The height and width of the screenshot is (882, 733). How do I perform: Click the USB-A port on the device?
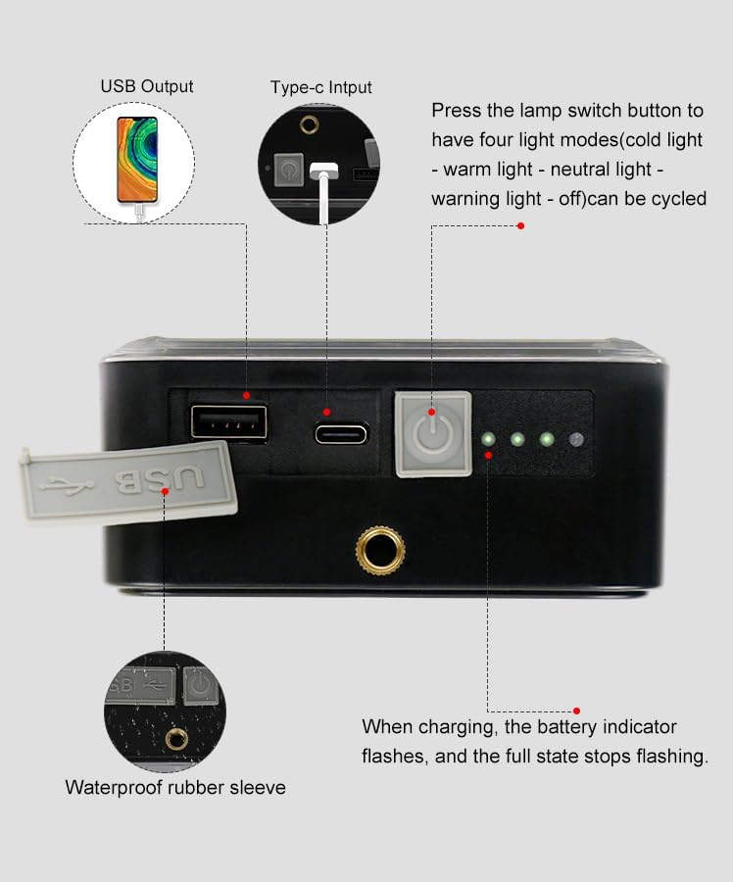click(229, 421)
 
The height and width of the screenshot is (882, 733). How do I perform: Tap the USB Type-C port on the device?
click(341, 434)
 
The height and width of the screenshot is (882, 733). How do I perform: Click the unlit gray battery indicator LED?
click(575, 439)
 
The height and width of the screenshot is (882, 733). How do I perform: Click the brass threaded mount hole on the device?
click(380, 551)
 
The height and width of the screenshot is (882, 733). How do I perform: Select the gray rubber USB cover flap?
click(128, 482)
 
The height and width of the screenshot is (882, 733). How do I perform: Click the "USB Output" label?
click(147, 86)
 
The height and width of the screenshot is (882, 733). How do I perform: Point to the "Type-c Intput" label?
click(320, 87)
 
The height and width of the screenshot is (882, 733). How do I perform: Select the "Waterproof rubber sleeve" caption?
click(175, 788)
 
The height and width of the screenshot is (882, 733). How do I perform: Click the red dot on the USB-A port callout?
click(246, 396)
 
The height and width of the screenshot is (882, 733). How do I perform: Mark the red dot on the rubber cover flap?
click(165, 491)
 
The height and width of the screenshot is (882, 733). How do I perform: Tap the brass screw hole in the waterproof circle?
click(177, 739)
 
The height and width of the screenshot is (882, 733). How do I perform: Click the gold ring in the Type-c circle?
click(309, 124)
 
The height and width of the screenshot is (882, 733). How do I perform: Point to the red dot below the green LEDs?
click(488, 455)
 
